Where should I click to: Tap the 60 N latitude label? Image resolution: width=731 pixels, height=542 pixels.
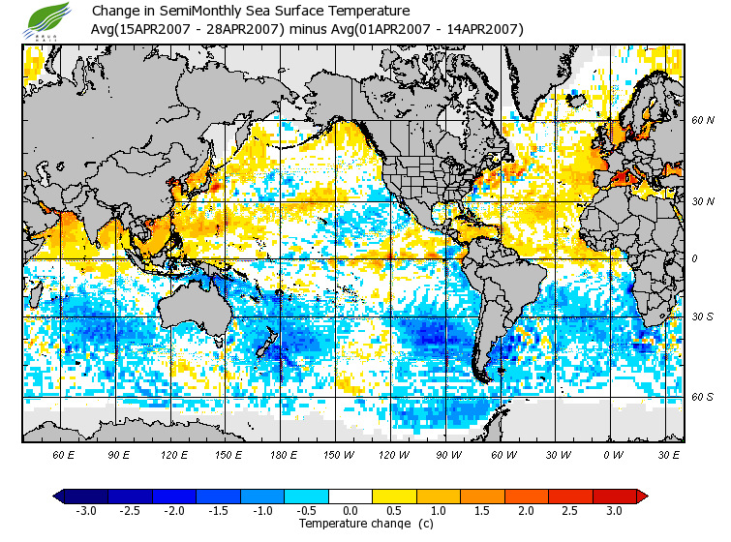(703, 121)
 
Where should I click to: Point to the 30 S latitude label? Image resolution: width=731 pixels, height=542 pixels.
(703, 317)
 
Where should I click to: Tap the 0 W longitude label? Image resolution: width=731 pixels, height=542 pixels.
(612, 454)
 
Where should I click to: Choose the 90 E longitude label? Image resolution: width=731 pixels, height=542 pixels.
(119, 454)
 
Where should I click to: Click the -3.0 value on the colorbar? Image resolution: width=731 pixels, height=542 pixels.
(86, 510)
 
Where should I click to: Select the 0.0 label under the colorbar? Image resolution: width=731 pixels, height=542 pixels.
(350, 510)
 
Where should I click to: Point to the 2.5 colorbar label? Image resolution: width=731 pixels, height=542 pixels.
(570, 510)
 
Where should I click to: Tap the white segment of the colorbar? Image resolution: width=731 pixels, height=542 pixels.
(350, 497)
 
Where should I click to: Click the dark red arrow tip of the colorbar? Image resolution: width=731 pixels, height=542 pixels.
(642, 497)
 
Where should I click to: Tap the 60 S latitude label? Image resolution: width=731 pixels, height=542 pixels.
(703, 397)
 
